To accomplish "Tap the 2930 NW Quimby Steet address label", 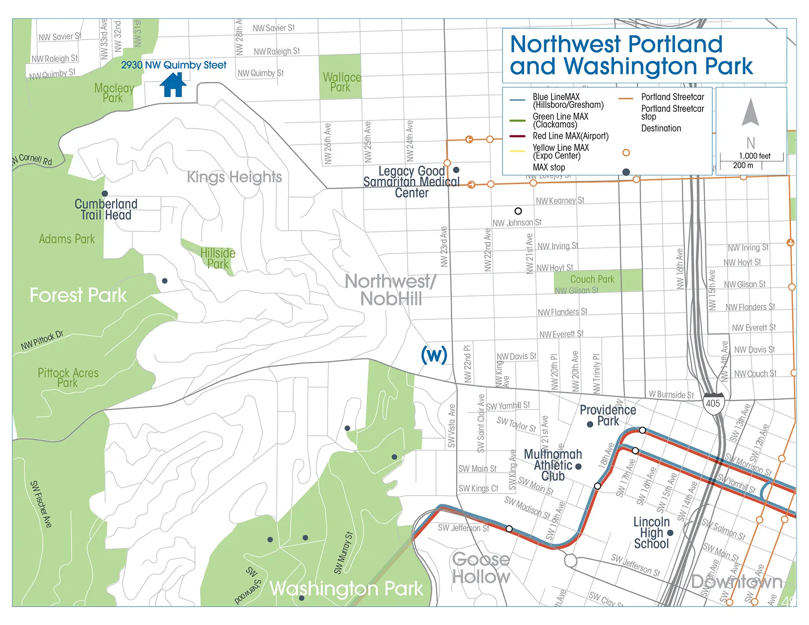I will (173, 65).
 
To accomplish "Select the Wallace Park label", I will (342, 82).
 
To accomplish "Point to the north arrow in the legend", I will (750, 112).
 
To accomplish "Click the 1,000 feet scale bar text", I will (755, 156).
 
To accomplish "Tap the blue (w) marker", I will (434, 355).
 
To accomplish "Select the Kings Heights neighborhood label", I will (234, 177).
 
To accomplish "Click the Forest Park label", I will (78, 295).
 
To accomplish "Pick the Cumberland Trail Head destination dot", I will (105, 194).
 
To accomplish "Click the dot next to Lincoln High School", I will (670, 533).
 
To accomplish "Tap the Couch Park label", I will (592, 279).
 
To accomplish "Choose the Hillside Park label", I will (218, 258).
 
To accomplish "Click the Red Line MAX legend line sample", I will (517, 136).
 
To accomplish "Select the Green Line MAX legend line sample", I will (517, 120).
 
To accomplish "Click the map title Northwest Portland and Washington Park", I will (631, 55).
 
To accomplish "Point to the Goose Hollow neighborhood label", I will (481, 568).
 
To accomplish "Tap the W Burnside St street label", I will (671, 395).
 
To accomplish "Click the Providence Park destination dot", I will (590, 424).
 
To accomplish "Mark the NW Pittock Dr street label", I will (42, 341).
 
